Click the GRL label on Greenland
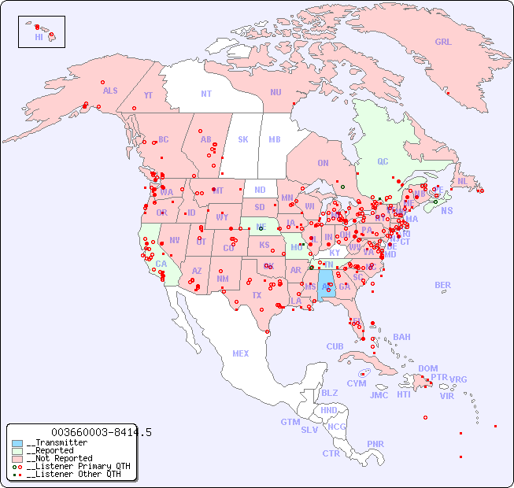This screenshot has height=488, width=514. click(443, 43)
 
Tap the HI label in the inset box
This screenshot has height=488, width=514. click(39, 37)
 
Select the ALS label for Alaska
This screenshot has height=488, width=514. click(110, 91)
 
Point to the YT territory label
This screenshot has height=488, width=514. click(148, 94)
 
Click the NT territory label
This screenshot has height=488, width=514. click(206, 93)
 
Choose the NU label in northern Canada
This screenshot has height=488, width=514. click(275, 92)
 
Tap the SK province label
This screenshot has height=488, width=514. click(243, 139)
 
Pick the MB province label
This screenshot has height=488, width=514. click(275, 139)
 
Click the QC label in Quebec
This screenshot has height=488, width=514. click(383, 161)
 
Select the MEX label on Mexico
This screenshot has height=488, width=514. click(241, 353)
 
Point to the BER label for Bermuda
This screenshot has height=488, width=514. click(443, 285)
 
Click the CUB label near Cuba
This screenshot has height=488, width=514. click(335, 346)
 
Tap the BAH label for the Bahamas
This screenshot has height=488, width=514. click(401, 337)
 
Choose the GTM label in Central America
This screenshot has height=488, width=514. click(290, 422)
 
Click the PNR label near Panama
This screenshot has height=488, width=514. click(375, 444)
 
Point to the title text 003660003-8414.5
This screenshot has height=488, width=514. click(101, 432)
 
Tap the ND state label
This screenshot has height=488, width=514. click(260, 190)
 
